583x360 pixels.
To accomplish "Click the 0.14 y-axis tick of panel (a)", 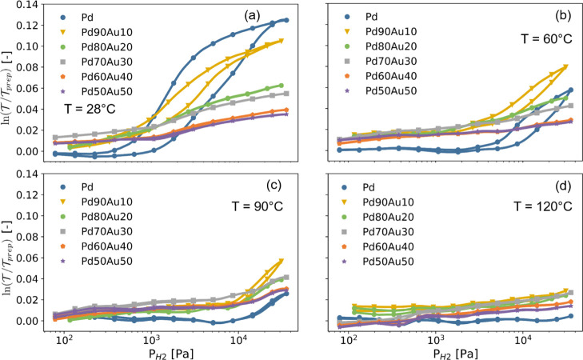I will click(x=35, y=6).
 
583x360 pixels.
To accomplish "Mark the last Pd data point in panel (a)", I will click(x=286, y=19).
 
